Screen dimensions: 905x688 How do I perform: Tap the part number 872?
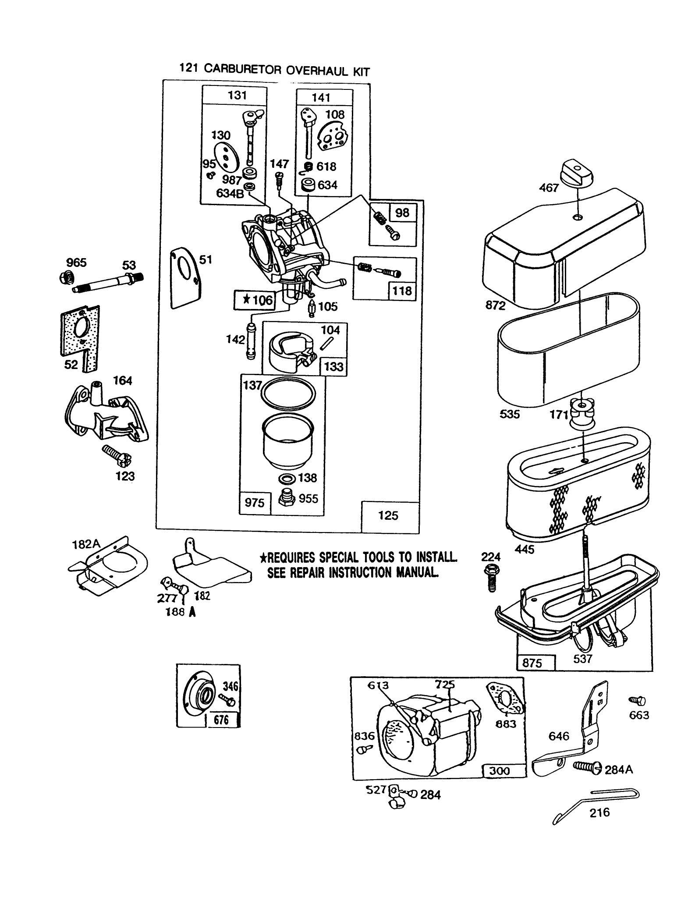pyautogui.click(x=496, y=305)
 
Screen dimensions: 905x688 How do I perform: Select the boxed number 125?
pyautogui.click(x=388, y=515)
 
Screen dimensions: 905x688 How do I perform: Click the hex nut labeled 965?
pyautogui.click(x=67, y=277)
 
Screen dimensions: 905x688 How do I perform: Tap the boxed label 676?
pyautogui.click(x=222, y=720)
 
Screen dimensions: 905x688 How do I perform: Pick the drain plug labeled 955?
pyautogui.click(x=287, y=499)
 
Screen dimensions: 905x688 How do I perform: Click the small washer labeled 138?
pyautogui.click(x=287, y=478)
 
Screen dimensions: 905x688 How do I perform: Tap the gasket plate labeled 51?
pyautogui.click(x=185, y=278)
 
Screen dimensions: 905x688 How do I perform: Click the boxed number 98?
pyautogui.click(x=402, y=213)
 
